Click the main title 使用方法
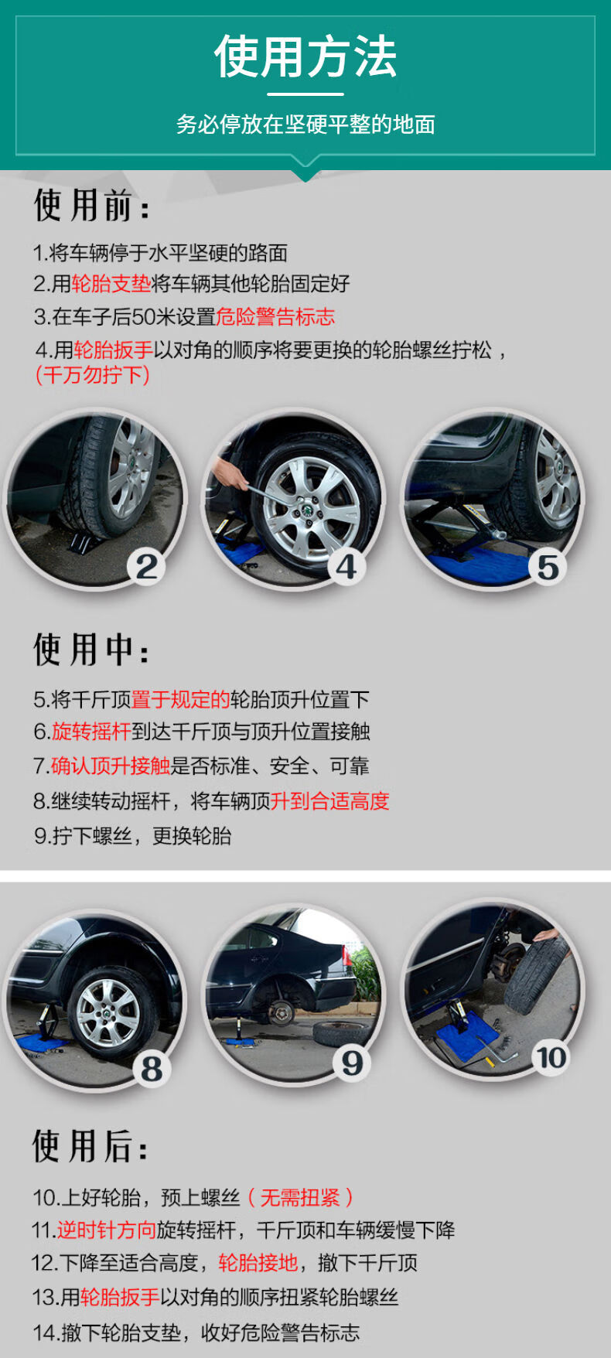305,56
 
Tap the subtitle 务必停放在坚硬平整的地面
305,124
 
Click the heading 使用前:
91,206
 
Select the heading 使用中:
91,650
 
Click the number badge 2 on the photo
147,567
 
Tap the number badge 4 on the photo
346,567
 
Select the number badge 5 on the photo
548,568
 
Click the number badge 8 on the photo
152,1069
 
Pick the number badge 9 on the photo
352,1063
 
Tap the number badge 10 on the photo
551,1057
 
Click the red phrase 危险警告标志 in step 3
275,317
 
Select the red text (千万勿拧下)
92,375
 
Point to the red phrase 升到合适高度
329,801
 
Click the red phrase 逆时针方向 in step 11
106,1230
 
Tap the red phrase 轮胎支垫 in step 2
111,284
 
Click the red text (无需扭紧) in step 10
300,1198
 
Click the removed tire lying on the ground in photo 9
343,1032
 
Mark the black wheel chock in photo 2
91,539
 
